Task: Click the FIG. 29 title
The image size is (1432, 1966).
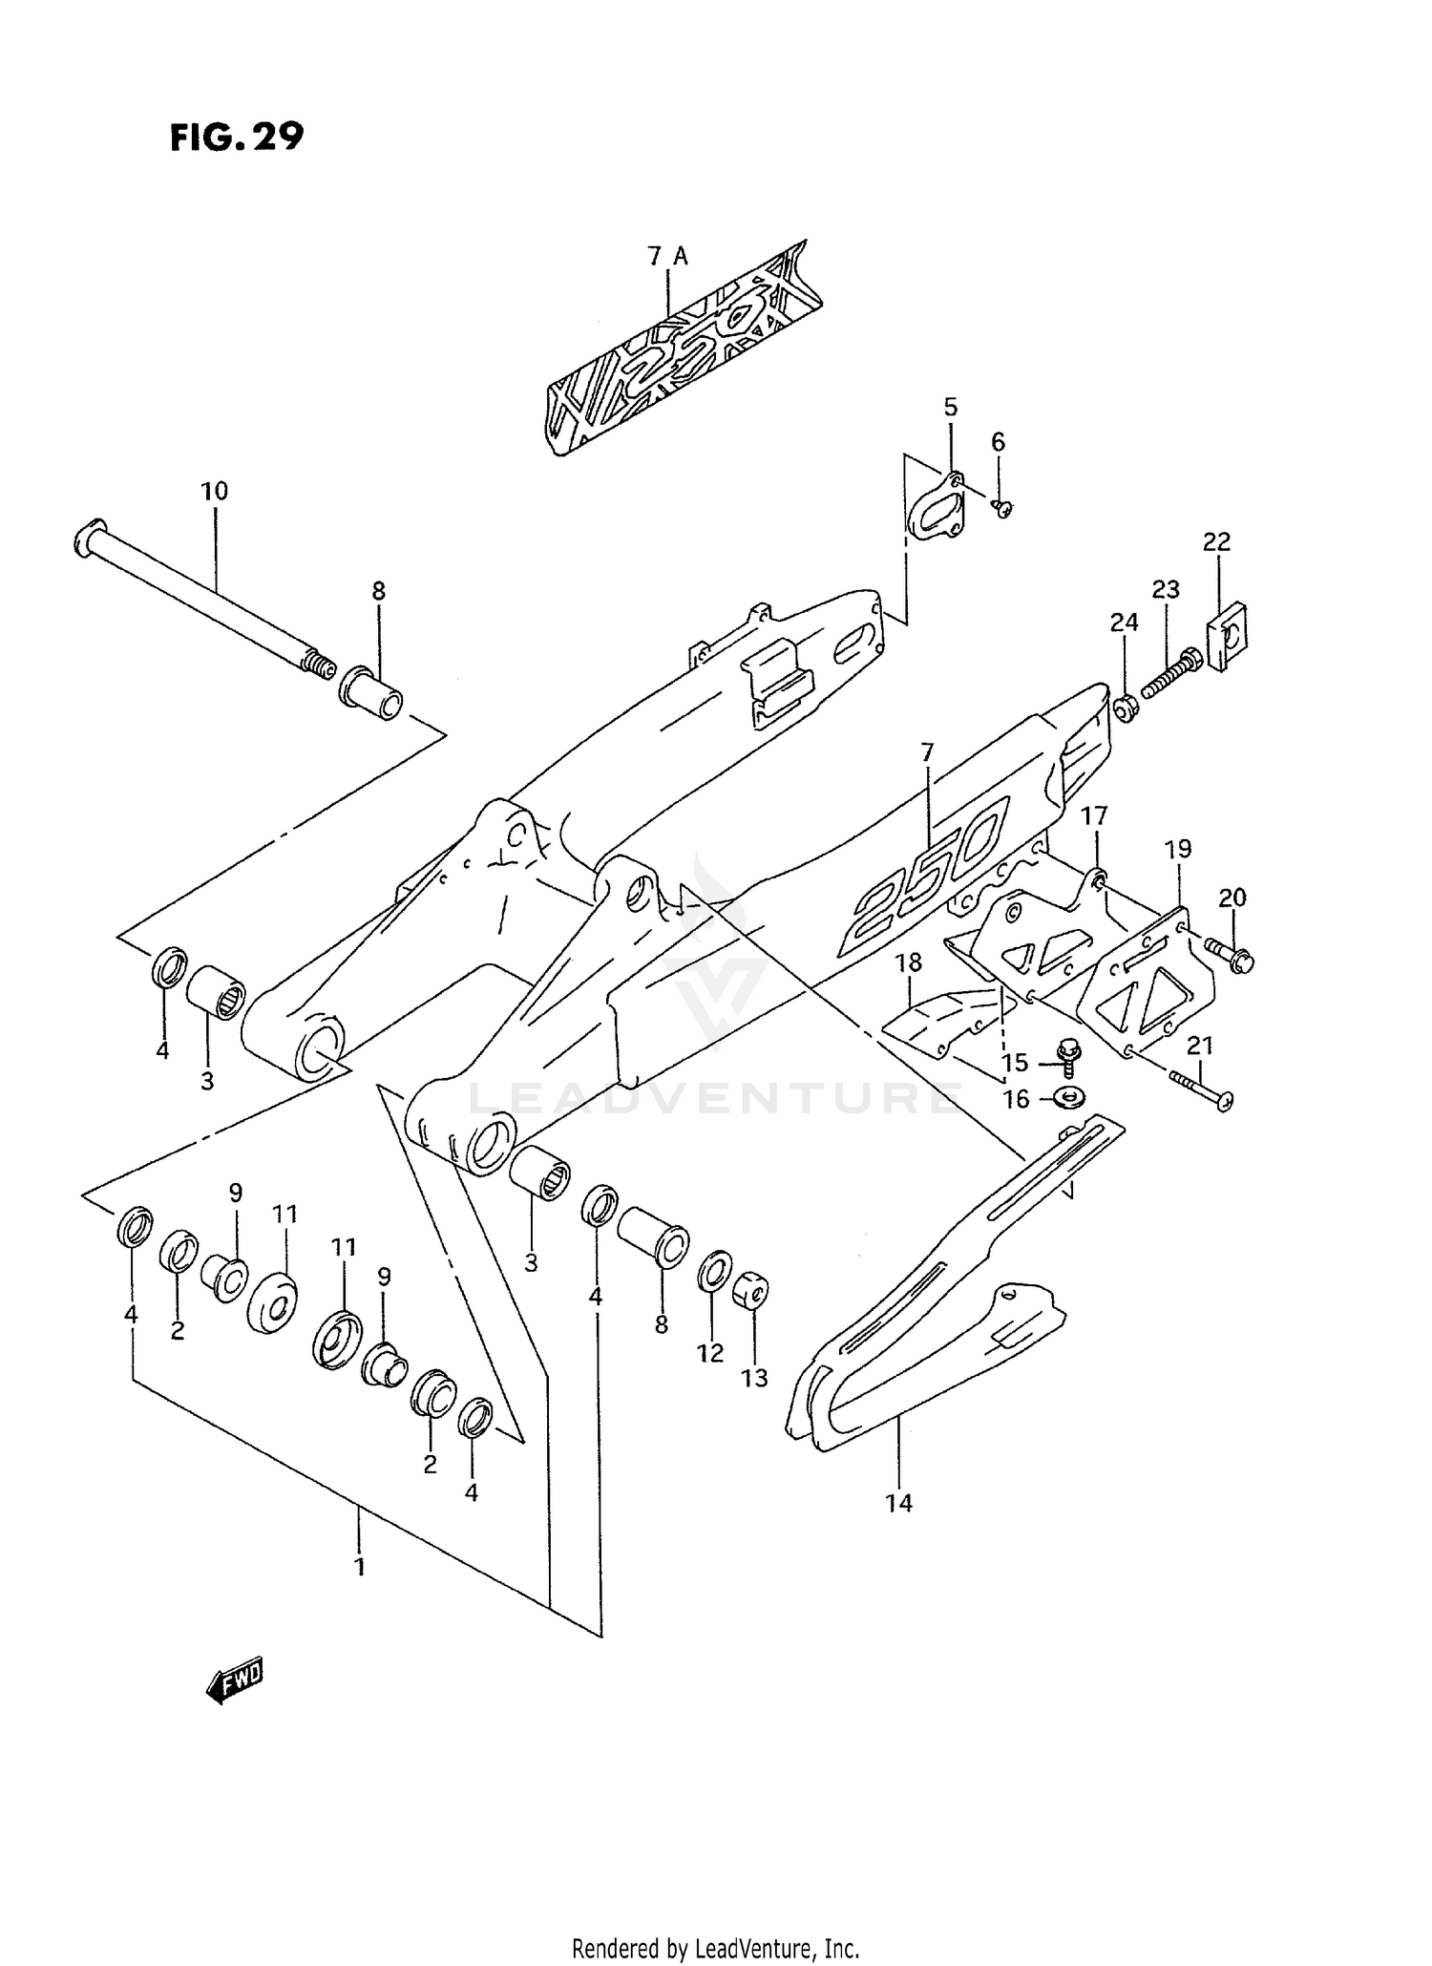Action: pyautogui.click(x=237, y=137)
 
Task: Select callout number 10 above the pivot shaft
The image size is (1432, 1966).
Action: pyautogui.click(x=215, y=492)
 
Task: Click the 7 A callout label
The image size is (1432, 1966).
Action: pyautogui.click(x=667, y=256)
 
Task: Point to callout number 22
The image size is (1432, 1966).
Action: pyautogui.click(x=1216, y=542)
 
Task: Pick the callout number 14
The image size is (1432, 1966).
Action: pyautogui.click(x=898, y=1503)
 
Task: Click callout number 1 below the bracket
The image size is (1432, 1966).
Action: pyautogui.click(x=360, y=1567)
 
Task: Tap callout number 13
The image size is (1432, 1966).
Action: pyautogui.click(x=754, y=1378)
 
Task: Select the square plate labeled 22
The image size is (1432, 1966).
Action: pyautogui.click(x=1230, y=634)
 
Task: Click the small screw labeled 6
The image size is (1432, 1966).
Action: pyautogui.click(x=1001, y=508)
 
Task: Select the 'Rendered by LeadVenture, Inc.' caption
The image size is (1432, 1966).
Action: pyautogui.click(x=716, y=1948)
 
